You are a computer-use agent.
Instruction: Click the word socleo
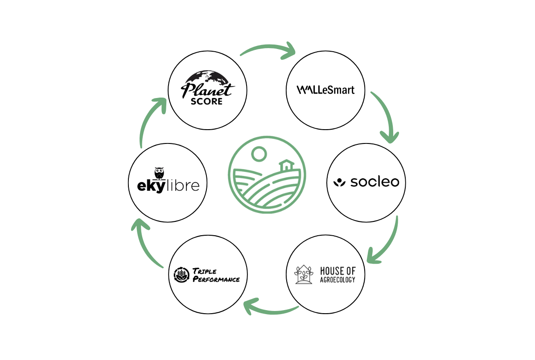coord(374,182)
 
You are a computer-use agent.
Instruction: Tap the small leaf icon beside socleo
coord(340,182)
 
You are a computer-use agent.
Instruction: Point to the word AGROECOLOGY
coord(337,280)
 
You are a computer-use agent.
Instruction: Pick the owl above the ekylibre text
coord(159,173)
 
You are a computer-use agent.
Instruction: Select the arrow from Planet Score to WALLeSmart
coord(267,48)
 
